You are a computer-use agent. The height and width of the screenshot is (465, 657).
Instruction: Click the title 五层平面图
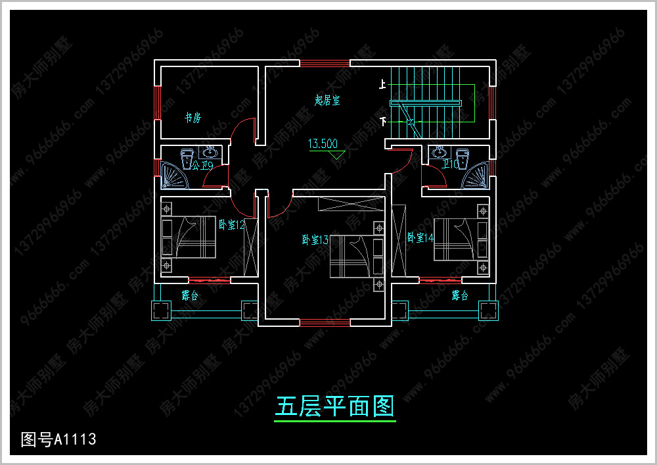(x=334, y=407)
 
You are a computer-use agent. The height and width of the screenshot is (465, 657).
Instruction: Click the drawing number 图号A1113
(x=58, y=439)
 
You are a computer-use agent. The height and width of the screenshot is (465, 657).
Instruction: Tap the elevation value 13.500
(x=323, y=144)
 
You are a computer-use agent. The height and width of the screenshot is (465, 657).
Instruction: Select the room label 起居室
(x=327, y=101)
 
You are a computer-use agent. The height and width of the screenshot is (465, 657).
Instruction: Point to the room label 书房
(x=192, y=118)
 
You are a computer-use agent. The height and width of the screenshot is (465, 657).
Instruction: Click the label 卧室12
(x=231, y=225)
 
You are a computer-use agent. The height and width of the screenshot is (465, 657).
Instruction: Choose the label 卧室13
(x=315, y=240)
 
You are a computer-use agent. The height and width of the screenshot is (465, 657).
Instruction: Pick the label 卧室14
(x=420, y=237)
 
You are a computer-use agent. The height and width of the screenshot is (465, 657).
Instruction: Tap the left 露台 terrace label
(x=190, y=295)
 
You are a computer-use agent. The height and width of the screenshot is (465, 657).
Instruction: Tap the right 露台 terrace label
(x=460, y=295)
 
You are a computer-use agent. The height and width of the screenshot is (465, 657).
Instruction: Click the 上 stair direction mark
(x=382, y=84)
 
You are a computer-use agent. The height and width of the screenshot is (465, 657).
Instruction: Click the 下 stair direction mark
(x=382, y=121)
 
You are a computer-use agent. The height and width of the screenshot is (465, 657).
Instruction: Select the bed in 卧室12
(x=190, y=237)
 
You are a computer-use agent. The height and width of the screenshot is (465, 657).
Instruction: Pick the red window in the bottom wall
(x=325, y=323)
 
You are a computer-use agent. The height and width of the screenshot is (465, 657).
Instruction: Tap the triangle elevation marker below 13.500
(x=337, y=156)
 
